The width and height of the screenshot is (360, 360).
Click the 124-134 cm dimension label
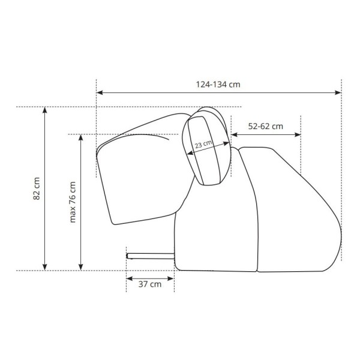pos(218,85)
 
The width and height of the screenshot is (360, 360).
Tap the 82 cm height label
pos(37,188)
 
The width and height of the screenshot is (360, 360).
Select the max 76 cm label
pos(73,202)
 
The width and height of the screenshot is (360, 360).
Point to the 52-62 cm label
pos(266,126)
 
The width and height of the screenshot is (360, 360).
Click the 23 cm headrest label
pos(203,144)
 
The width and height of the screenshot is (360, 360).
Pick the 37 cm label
pos(150,284)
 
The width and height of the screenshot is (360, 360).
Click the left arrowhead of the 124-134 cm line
pos(100,92)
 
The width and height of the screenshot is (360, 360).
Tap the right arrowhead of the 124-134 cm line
pos(338,92)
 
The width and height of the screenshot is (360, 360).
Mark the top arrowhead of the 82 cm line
pos(45,110)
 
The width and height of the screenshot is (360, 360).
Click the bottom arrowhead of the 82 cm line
pos(45,267)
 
